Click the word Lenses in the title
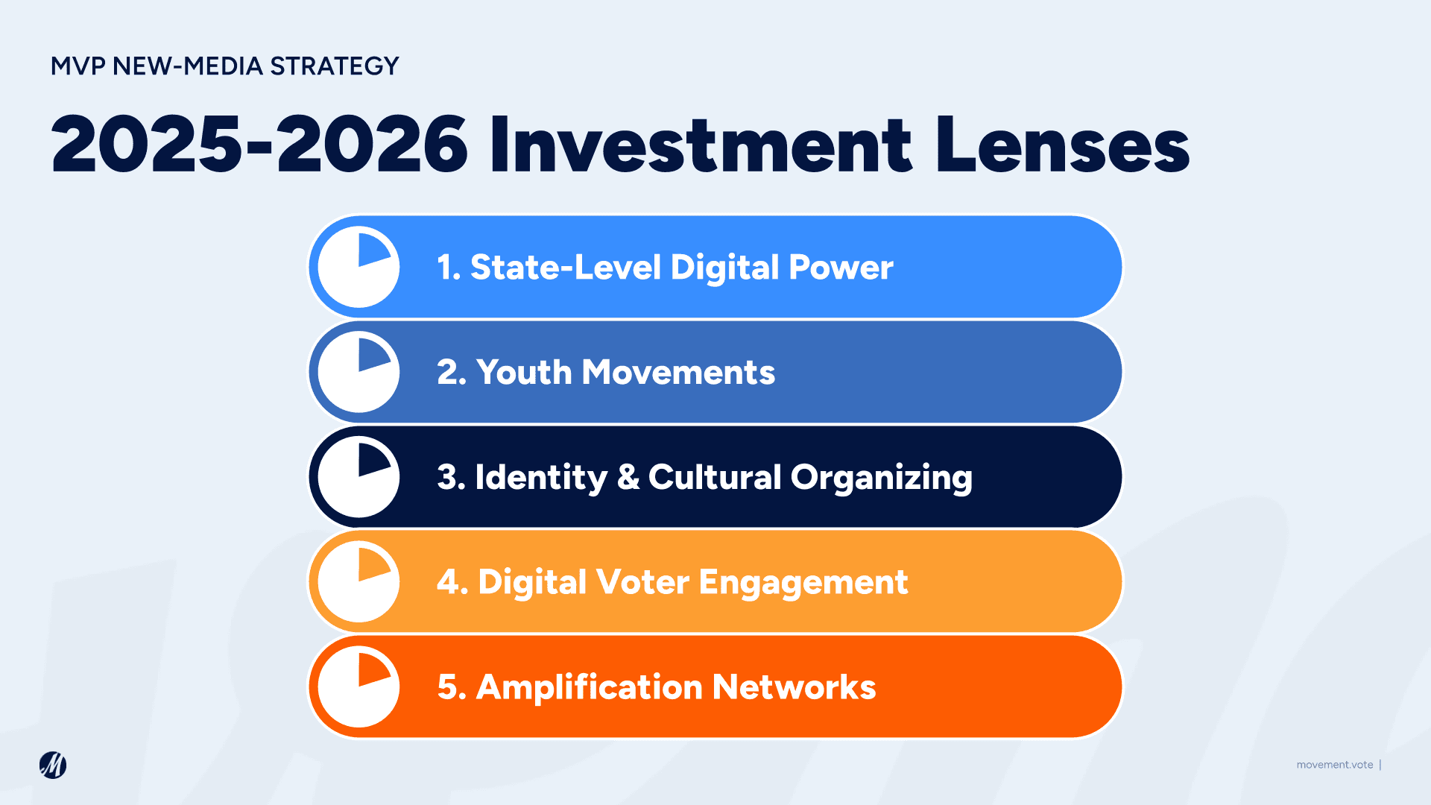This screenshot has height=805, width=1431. click(1063, 145)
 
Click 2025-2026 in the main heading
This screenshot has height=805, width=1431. click(259, 145)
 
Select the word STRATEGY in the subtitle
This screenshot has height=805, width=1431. click(335, 66)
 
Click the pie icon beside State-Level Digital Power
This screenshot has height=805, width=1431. click(358, 267)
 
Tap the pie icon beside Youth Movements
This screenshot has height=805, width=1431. click(358, 372)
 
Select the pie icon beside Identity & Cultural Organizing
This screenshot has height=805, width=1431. click(358, 477)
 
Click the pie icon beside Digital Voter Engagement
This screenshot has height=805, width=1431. click(358, 582)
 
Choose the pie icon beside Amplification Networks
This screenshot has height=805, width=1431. click(358, 687)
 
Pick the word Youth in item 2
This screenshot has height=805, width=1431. click(524, 373)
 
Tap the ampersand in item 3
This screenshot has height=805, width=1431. click(628, 478)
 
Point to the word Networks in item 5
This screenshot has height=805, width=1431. click(794, 687)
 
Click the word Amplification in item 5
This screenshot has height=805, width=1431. click(589, 687)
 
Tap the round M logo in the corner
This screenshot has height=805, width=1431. click(53, 765)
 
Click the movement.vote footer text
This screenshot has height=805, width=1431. click(1334, 765)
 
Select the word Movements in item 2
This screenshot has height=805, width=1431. click(678, 373)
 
